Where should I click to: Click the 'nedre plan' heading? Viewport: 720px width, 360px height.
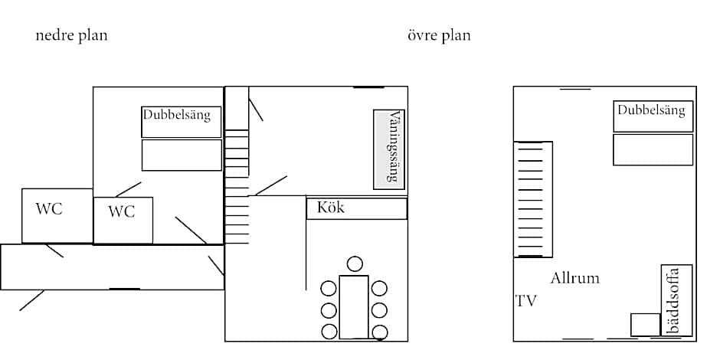point(71,35)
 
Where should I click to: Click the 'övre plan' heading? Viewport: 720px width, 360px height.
point(439,35)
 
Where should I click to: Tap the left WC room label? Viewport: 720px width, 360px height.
point(49,208)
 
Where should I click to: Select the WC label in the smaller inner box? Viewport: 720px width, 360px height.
point(121,211)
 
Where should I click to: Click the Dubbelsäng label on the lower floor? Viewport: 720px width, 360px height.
point(182,116)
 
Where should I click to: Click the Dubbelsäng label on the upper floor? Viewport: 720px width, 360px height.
point(651,110)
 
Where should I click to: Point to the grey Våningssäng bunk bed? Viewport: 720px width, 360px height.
point(389,149)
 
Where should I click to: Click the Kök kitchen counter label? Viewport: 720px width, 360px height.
point(331,208)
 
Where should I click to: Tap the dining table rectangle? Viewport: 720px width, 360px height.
point(354,306)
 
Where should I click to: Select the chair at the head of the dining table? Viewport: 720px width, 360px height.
point(354,264)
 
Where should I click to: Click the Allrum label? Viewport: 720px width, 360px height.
point(574,278)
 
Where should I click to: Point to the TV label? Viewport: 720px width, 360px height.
point(526,301)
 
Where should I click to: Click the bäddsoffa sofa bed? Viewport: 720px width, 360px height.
point(676,299)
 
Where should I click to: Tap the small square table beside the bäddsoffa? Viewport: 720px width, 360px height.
point(645,324)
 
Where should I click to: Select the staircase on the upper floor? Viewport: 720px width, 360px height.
point(532,199)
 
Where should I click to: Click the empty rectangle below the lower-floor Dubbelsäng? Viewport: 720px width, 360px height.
point(182,155)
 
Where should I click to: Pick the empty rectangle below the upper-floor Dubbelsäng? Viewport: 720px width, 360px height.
point(653,149)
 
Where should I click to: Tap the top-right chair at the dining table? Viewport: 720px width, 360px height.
point(379,289)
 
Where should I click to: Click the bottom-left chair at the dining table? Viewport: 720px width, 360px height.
point(329,332)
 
